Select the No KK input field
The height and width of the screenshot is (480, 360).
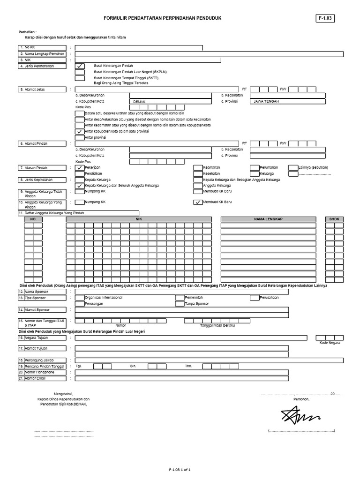tap(139, 48)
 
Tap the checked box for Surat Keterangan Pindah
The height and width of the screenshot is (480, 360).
tap(80, 66)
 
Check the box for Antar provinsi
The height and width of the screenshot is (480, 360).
tap(80, 138)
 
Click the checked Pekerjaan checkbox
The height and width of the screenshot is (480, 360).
tap(80, 167)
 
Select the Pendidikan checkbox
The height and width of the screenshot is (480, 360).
tap(80, 173)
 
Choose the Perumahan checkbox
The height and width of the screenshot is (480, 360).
tap(254, 167)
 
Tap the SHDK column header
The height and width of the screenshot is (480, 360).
tap(334, 219)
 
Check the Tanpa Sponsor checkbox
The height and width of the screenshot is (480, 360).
tap(180, 304)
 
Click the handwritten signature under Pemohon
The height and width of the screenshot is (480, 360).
tap(300, 415)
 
